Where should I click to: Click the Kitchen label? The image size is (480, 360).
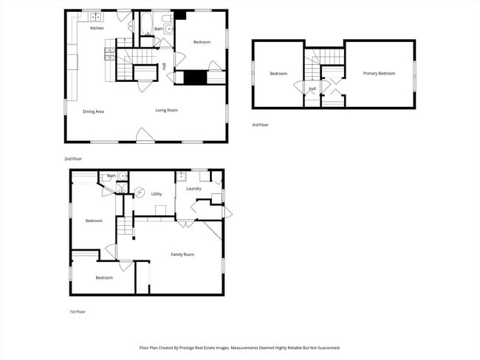pyautogui.click(x=97, y=28)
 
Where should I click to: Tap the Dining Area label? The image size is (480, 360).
pyautogui.click(x=93, y=111)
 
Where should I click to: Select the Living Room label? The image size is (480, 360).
pyautogui.click(x=166, y=111)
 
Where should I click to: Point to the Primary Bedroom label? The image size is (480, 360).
pyautogui.click(x=379, y=73)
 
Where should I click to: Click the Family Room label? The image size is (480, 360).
pyautogui.click(x=182, y=255)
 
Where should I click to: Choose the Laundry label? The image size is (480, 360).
pyautogui.click(x=194, y=189)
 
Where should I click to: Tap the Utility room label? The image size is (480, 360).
pyautogui.click(x=157, y=194)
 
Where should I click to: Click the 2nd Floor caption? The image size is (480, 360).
pyautogui.click(x=72, y=159)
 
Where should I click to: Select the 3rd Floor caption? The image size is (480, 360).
pyautogui.click(x=260, y=125)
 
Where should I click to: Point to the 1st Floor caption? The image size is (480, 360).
pyautogui.click(x=78, y=312)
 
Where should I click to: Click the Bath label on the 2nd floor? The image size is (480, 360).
pyautogui.click(x=159, y=29)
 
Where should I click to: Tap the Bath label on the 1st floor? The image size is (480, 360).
pyautogui.click(x=111, y=176)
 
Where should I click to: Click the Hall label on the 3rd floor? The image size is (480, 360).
pyautogui.click(x=312, y=89)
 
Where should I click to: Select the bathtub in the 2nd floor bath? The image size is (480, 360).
pyautogui.click(x=146, y=24)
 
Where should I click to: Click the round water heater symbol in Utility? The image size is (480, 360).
pyautogui.click(x=137, y=190)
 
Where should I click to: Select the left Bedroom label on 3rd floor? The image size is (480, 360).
pyautogui.click(x=278, y=73)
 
